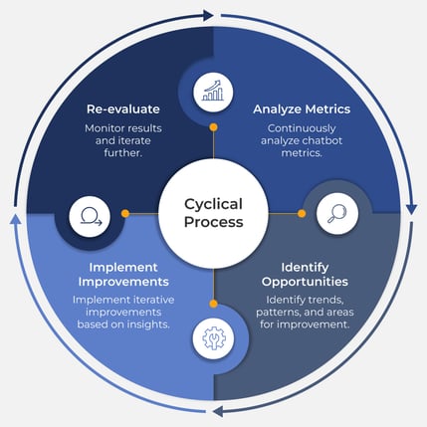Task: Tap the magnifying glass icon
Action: coord(336,213)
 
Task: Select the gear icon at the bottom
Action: coord(213,337)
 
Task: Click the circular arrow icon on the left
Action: coord(90,214)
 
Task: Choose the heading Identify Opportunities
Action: coord(305,275)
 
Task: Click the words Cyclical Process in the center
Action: coord(213,213)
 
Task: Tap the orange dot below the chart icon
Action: coord(213,128)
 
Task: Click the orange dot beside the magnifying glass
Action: coord(301,213)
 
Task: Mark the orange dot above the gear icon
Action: coord(213,302)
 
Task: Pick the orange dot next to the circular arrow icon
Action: coord(125,213)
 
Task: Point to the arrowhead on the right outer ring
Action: coord(411,208)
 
